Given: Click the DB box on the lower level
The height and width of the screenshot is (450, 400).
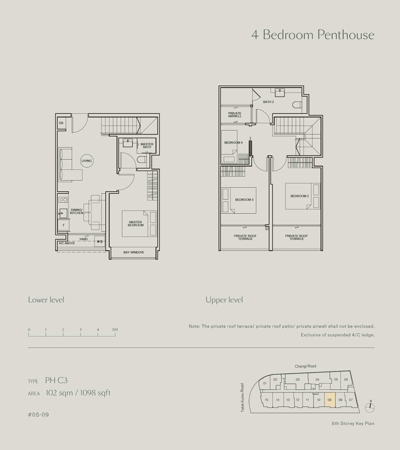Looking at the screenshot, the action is point(61,123).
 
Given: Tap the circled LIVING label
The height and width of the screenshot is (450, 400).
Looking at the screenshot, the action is point(87,161).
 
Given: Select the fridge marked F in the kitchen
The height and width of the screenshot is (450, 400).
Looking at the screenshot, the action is point(63,225).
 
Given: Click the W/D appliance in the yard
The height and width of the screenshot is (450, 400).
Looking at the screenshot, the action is point(100,241).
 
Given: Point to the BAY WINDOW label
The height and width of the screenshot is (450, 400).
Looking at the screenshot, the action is point(133,252).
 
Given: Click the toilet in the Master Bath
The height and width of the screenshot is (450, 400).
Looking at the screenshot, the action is point(142,159).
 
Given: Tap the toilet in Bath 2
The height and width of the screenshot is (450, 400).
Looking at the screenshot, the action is point(297,104).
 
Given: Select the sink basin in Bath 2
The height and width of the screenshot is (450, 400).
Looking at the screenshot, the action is point(280,93).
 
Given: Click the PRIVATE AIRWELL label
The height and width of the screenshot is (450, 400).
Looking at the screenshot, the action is point(235,115).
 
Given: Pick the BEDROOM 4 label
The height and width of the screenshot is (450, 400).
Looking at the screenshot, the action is point(233,142).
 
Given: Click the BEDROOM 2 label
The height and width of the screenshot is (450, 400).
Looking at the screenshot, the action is point(299,196).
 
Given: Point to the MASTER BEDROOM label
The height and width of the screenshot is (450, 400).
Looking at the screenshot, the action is point(135,224).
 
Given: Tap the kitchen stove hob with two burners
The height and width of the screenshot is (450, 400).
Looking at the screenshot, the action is point(63,200).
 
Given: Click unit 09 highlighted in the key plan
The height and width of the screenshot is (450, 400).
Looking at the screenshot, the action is point(330,400).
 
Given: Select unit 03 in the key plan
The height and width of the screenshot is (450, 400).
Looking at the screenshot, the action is point(297,379).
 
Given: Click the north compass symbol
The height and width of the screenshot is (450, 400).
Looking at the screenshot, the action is point(370,407).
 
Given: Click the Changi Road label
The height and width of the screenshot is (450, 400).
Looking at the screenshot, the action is point(305,366).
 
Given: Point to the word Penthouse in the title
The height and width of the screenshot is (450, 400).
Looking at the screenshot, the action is point(346,35).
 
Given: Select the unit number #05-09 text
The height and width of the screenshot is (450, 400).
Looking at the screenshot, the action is point(38,414).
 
